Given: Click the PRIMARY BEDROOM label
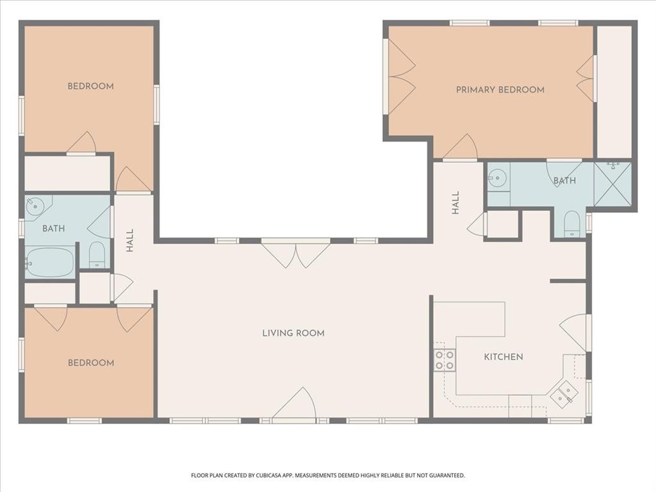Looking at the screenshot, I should coord(500,90).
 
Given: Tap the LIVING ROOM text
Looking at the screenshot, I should coord(293,333).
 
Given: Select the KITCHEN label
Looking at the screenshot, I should coord(503,357).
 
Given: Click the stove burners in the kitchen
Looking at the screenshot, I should coord(445,359).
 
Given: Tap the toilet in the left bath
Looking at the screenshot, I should coord(97,255).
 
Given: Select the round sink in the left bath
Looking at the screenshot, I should coord(35,206).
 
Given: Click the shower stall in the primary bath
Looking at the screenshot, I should coord(612,184).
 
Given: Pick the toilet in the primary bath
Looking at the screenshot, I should coord(572,224).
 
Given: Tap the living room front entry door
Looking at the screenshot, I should coord(296,406).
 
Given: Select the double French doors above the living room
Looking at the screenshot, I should coord(295,252).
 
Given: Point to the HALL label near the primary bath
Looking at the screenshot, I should coord(455,202).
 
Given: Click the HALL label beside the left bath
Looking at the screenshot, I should coord(130,240).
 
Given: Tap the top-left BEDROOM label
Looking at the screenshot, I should coord(90,86).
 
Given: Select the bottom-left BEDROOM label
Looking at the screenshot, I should coord(90,363).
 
